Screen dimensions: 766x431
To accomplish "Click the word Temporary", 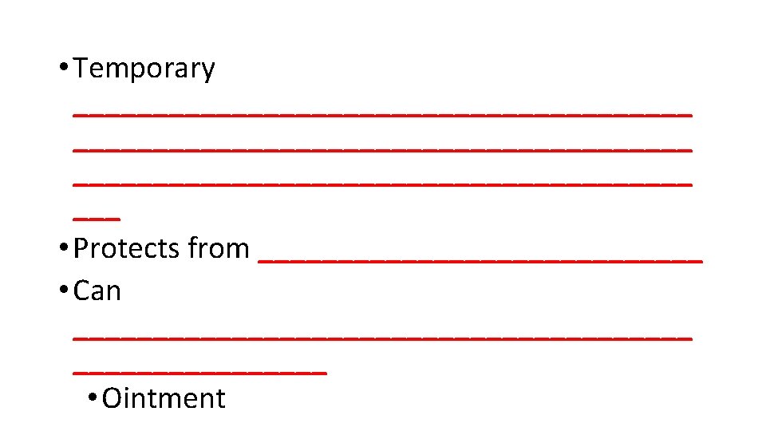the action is click(144, 69).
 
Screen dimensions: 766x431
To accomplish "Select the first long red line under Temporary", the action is click(382, 113).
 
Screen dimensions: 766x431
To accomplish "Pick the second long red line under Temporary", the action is click(382, 148).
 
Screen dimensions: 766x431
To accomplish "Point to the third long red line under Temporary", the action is click(382, 184).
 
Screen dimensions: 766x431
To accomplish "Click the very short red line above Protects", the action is click(96, 218).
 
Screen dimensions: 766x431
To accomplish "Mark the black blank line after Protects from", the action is click(480, 259).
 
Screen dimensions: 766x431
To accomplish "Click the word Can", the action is click(97, 291).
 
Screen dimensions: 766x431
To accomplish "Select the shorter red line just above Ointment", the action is click(199, 371).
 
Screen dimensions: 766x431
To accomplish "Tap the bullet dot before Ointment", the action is click(93, 397).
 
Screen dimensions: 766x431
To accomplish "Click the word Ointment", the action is click(164, 398).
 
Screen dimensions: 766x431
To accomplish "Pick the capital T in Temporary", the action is click(81, 69).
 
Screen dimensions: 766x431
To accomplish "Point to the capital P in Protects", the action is click(81, 249).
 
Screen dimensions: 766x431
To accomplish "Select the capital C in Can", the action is click(81, 291).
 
